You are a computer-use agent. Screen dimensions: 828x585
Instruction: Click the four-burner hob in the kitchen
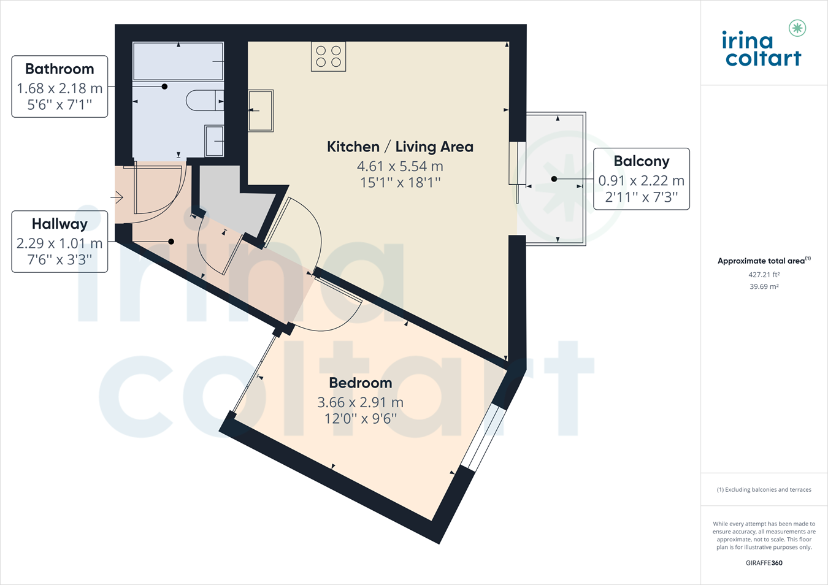328,56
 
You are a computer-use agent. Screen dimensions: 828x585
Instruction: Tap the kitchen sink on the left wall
261,110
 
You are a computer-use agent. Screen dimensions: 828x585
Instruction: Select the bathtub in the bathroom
178,61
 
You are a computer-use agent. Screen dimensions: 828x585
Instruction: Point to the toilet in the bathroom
205,101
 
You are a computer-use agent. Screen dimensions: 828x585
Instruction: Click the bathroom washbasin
215,141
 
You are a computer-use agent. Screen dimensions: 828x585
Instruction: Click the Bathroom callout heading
59,69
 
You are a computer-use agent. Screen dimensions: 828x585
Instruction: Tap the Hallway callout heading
59,224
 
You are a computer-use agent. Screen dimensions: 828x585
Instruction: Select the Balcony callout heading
642,161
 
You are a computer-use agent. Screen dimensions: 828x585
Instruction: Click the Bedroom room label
361,383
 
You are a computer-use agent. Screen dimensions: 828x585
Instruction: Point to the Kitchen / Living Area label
400,147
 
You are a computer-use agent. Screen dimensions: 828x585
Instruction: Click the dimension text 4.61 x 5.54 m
400,166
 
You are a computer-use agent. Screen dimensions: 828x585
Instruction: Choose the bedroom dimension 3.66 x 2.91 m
361,402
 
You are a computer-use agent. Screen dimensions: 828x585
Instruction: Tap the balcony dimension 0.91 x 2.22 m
642,181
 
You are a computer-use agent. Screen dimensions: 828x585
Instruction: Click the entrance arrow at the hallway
117,197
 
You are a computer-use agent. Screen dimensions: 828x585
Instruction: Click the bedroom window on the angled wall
483,438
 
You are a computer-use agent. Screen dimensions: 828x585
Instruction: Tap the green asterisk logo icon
797,28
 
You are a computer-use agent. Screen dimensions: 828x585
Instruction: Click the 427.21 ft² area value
764,275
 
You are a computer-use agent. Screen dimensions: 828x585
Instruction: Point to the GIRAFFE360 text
764,563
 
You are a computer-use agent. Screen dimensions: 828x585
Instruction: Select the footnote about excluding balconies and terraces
764,490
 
